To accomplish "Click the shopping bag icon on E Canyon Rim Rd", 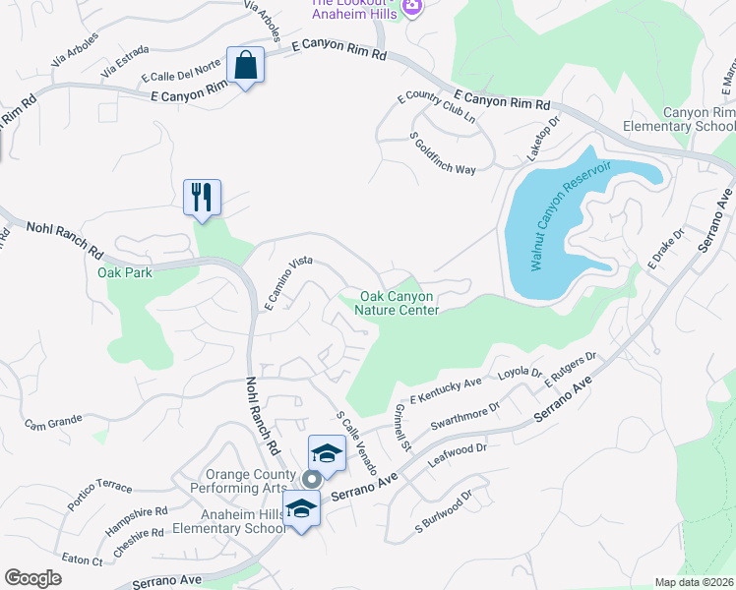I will [x=244, y=66].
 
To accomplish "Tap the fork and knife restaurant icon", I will [x=202, y=197].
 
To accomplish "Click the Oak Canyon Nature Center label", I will [x=399, y=303].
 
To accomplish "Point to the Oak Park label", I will [x=125, y=272].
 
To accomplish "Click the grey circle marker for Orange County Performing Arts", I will [x=312, y=480].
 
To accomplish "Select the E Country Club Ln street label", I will [x=435, y=111].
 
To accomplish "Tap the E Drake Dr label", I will [x=665, y=250].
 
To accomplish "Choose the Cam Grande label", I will [x=53, y=422].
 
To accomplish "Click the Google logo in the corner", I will [x=33, y=577].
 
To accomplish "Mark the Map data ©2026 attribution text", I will [x=694, y=582].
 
